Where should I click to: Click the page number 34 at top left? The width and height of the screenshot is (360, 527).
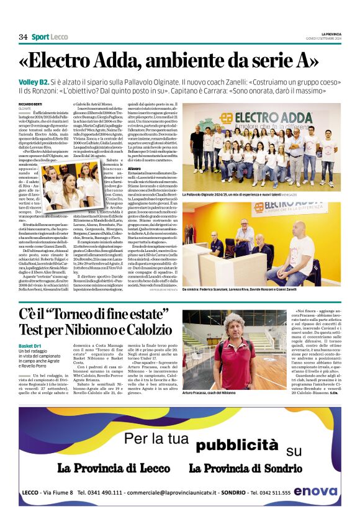[23, 37]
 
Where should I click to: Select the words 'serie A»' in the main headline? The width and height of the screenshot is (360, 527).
[285, 61]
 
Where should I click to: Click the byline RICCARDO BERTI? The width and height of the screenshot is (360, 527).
[29, 103]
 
